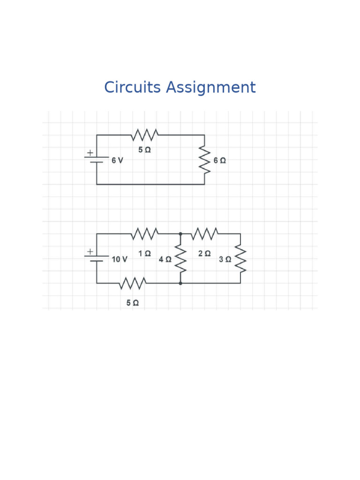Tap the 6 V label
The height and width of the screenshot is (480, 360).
117,161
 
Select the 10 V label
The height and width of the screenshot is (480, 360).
119,259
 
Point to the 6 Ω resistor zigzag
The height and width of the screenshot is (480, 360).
204,159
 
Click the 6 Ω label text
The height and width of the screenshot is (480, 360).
219,160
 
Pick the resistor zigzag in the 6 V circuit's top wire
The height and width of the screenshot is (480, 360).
144,135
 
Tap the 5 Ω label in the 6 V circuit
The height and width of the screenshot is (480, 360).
144,150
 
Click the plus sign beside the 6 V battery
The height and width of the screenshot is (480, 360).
90,152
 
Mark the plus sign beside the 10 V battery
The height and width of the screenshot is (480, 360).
90,252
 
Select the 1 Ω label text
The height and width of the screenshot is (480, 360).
144,254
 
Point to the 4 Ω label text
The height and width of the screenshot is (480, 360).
165,259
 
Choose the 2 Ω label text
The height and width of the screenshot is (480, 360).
204,254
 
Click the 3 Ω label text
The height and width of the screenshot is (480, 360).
225,259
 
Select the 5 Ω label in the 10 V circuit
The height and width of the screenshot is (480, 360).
132,303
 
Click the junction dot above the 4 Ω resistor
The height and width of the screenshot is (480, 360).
180,233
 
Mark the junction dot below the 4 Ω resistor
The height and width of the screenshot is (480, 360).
180,283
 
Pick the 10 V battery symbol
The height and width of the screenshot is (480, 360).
97,258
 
